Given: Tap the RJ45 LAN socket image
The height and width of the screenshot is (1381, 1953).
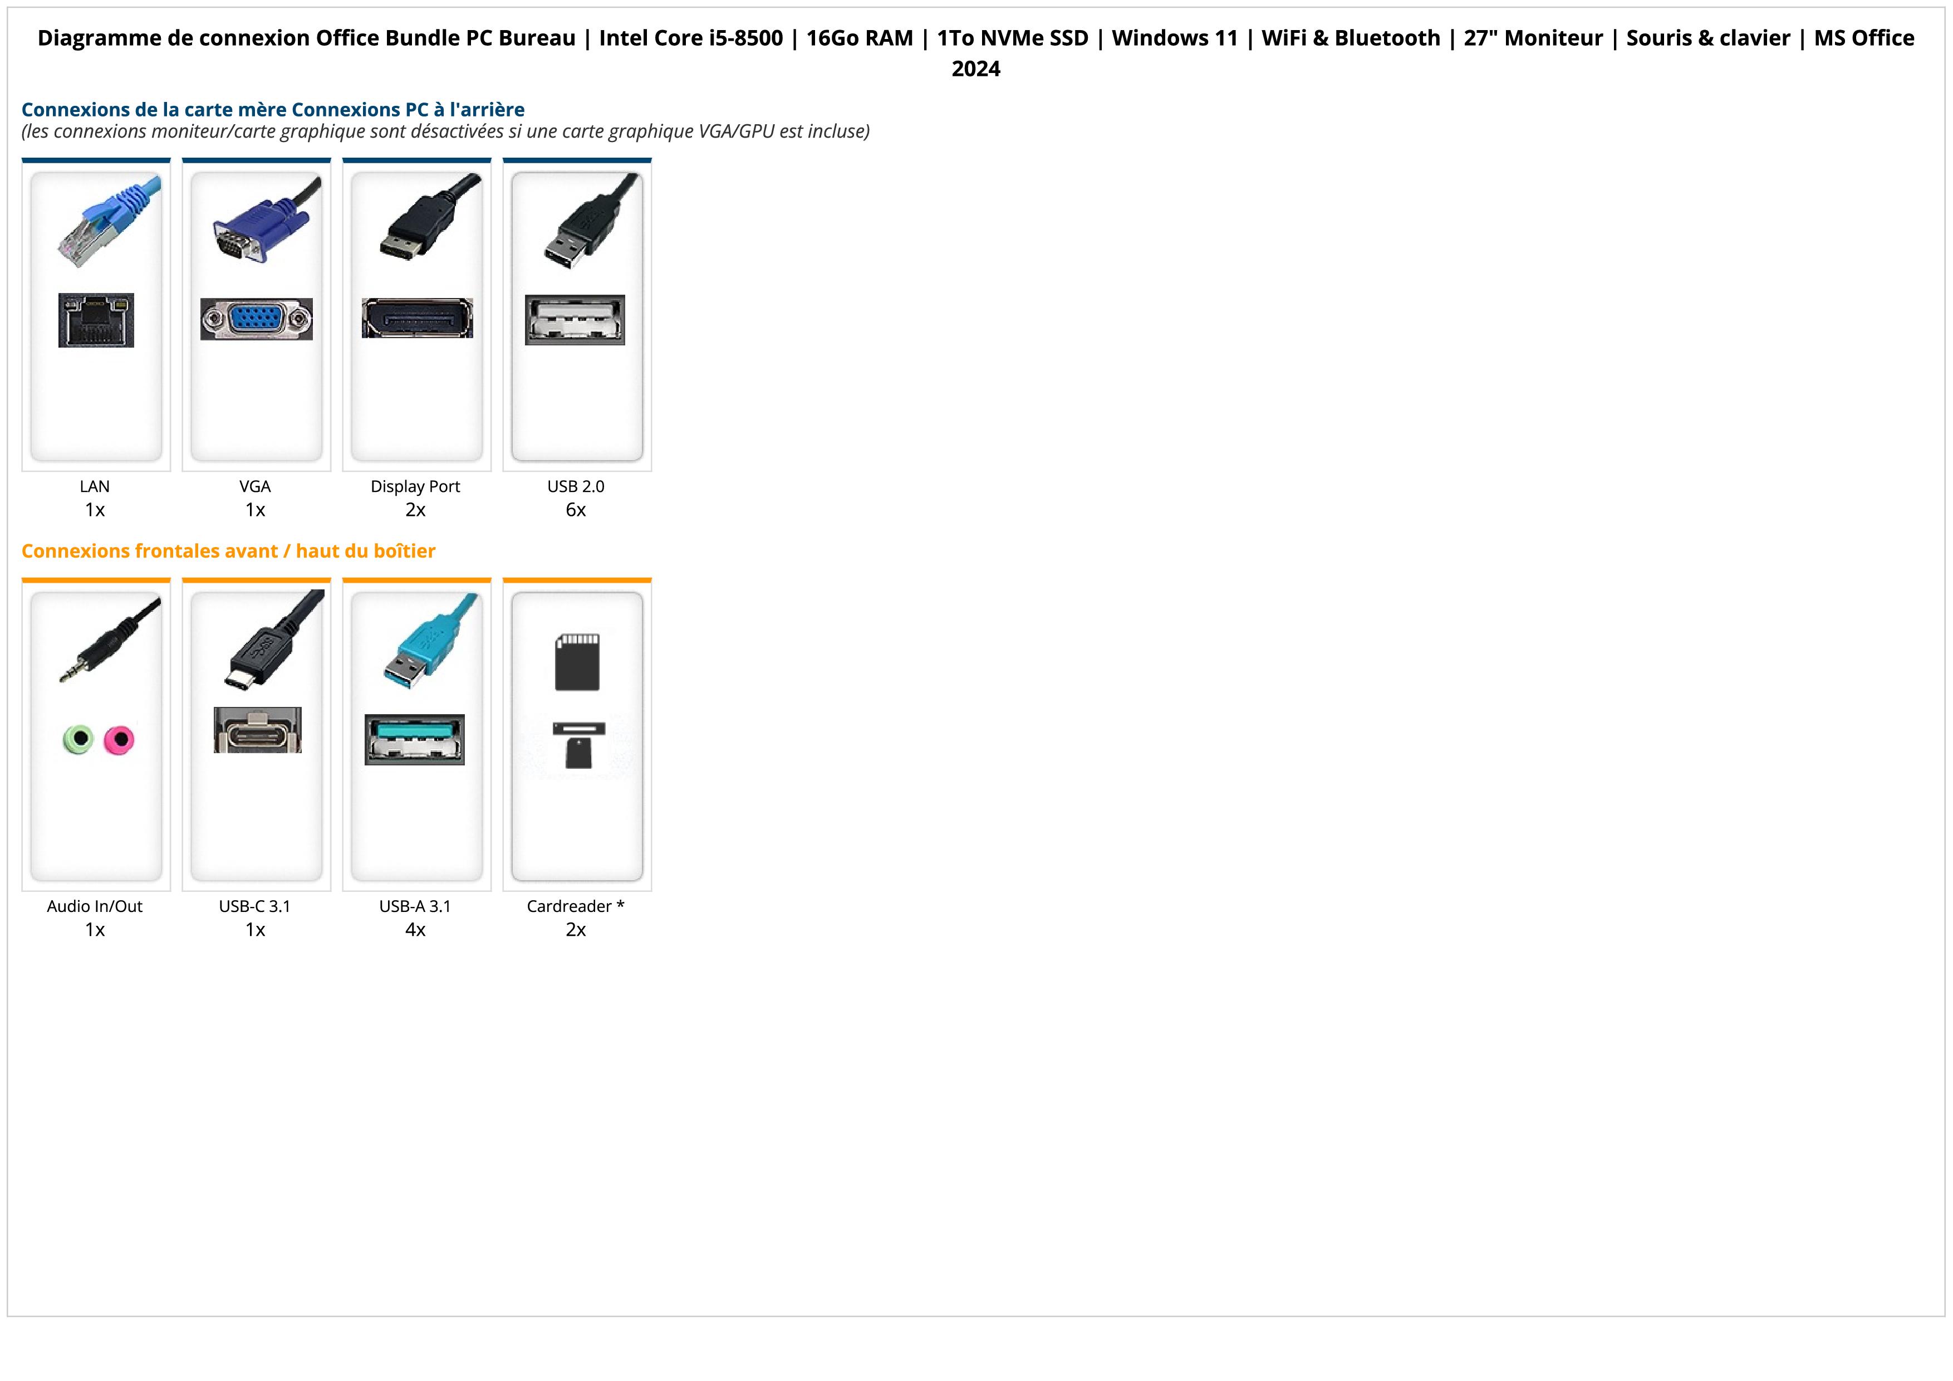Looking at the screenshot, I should tap(96, 320).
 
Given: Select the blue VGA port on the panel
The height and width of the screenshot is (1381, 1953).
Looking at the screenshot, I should tap(256, 319).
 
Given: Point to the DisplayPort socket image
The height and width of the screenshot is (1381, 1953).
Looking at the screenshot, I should tap(417, 318).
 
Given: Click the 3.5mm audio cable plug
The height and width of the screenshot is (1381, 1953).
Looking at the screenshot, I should tap(102, 647).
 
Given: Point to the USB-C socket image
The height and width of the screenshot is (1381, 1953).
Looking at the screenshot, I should tap(257, 730).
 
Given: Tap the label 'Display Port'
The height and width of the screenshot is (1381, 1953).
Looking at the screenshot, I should tap(415, 487).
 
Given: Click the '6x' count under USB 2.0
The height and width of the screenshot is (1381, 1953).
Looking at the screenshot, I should tap(576, 510).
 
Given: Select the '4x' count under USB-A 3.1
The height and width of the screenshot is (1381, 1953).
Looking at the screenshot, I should tap(415, 930).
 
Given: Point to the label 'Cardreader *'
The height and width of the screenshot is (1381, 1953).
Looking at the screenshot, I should tap(576, 906).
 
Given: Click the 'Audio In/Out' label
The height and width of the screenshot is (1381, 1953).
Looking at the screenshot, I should tap(95, 906).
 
